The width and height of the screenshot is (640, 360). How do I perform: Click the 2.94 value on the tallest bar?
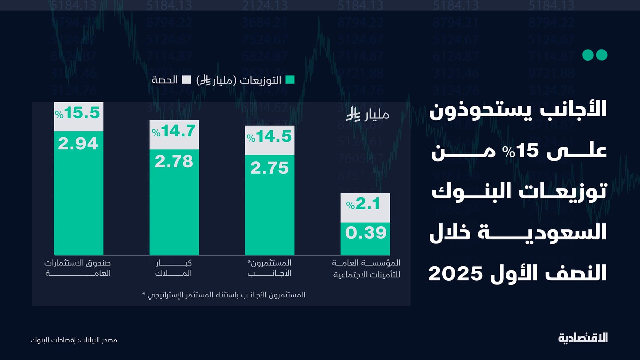tap(78, 144)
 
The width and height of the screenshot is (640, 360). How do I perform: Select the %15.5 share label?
tap(78, 113)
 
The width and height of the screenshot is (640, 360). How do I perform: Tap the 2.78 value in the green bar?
tap(174, 162)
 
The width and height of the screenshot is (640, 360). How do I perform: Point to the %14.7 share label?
tap(174, 131)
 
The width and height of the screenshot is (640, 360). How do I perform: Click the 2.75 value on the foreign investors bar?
tap(269, 168)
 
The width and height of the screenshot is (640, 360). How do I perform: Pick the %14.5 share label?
tap(269, 137)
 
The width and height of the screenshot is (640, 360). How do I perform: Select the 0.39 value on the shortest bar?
tap(366, 233)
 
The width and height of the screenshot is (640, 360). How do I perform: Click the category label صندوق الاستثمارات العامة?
tap(78, 268)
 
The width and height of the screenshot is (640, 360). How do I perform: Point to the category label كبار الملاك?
tap(174, 268)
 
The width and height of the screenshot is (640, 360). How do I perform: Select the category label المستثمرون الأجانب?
tap(269, 268)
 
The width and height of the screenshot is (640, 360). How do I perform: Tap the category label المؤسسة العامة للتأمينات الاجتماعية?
tap(366, 269)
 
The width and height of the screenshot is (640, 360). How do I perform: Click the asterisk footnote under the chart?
tap(224, 295)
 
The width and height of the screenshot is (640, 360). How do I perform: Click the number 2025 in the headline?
tap(456, 274)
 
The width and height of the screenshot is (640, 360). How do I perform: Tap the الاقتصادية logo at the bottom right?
tap(583, 338)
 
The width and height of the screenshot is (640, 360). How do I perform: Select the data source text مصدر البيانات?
tap(74, 340)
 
